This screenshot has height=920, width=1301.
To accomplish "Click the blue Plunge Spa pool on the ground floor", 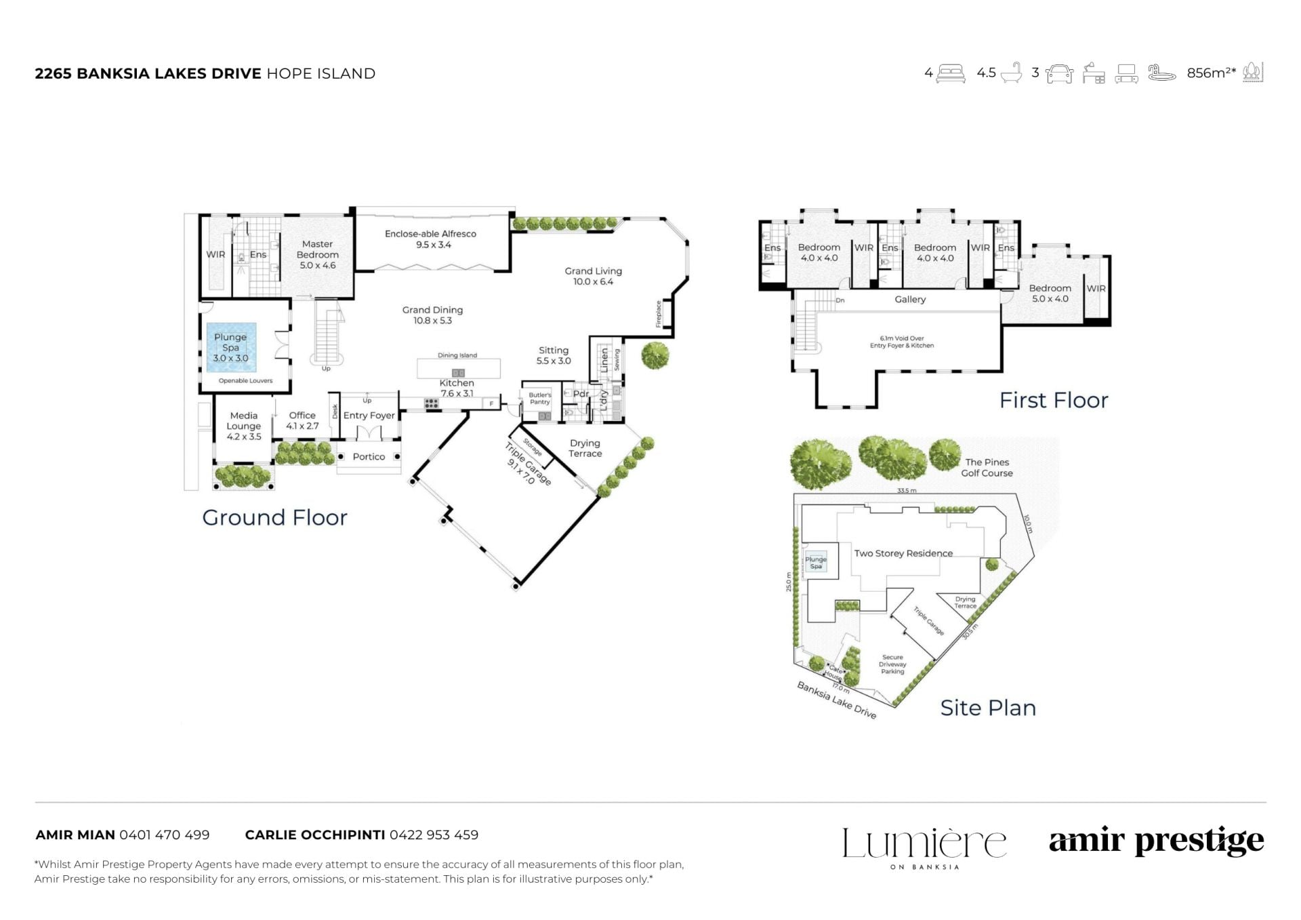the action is point(231,347).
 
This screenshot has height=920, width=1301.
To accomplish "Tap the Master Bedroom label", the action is point(318,254).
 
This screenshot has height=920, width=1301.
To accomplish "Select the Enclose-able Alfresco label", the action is point(431,239).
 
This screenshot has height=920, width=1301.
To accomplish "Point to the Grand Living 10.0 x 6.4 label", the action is point(594,276).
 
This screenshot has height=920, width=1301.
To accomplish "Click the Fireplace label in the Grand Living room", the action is point(658,314).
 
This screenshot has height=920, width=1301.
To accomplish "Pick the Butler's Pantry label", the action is point(540,398).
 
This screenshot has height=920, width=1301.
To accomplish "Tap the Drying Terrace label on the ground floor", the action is point(585,448).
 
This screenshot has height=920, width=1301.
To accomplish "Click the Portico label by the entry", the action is point(369,457).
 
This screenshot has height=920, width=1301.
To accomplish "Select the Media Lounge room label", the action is point(244,426).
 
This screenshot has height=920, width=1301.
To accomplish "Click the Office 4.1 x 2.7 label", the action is point(302,420).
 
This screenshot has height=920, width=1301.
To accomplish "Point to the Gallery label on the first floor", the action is point(910,300).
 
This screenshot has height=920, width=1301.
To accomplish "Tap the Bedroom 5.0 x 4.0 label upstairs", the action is point(1050,294).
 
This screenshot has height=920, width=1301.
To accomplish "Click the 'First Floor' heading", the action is point(1054,400).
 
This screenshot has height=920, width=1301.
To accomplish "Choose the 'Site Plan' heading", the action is point(988,708).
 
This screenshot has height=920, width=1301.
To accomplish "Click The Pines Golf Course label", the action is point(987,468).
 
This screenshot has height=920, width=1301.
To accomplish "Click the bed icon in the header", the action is point(951,73).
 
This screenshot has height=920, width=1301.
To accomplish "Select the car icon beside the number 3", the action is point(1059,73).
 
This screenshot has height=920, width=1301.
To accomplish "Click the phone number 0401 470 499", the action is point(165,835).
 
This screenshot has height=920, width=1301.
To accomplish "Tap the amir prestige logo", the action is point(1157,841).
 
